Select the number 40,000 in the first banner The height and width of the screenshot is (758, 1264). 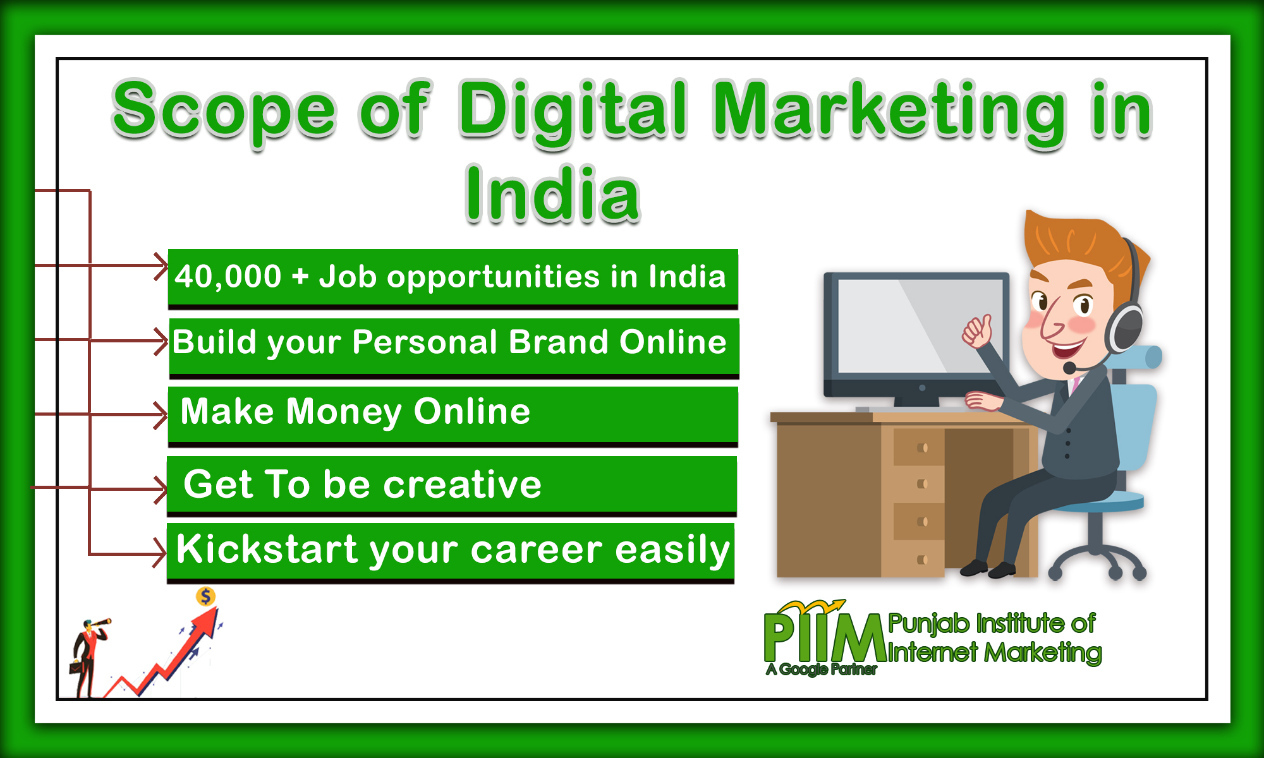228,277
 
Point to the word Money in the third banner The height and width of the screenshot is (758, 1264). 344,412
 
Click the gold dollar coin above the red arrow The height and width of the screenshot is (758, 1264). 205,596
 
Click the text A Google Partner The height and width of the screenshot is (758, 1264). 821,670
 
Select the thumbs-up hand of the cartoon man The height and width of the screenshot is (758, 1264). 977,330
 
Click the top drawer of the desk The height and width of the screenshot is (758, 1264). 919,447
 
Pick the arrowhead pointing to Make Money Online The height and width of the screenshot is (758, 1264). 161,414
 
